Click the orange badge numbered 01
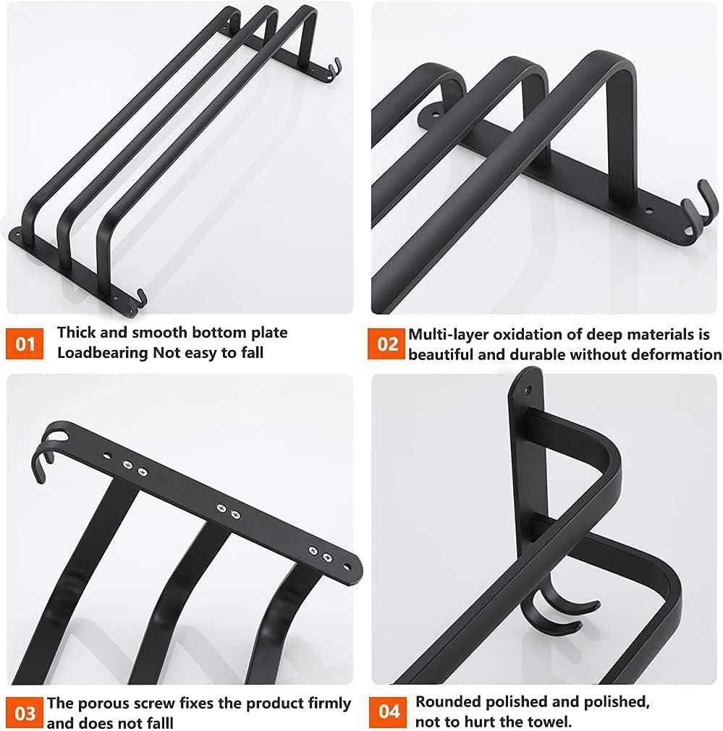click(x=25, y=343)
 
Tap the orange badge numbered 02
click(x=389, y=343)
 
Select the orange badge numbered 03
click(x=25, y=712)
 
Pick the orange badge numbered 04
click(x=389, y=712)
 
